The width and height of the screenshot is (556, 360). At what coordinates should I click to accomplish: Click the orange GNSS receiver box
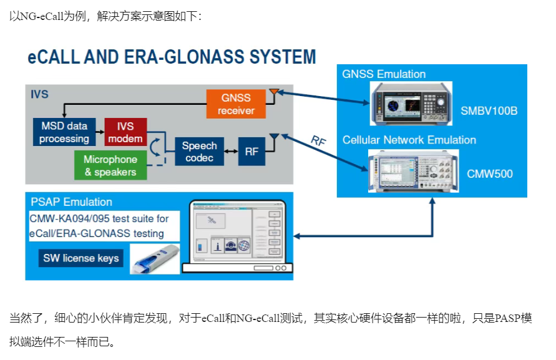(x=236, y=104)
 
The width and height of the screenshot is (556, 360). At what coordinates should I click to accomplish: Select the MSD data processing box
(x=64, y=132)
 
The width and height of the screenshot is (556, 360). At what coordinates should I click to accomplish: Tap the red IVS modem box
(x=125, y=132)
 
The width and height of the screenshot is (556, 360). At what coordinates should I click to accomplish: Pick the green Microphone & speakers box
(x=110, y=165)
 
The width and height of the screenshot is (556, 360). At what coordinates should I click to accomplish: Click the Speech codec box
(x=199, y=152)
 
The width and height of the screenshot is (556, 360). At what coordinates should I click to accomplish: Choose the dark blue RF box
(x=251, y=152)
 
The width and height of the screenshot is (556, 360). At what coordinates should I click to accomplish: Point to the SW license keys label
(x=80, y=258)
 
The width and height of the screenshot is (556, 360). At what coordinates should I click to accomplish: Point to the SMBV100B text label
(x=489, y=111)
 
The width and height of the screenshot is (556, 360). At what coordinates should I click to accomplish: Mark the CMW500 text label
(x=490, y=173)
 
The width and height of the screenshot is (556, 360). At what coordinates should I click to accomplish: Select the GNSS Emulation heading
(x=384, y=74)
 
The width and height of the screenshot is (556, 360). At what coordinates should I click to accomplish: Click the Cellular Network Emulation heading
(x=409, y=140)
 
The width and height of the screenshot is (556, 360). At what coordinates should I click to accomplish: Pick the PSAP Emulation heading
(x=72, y=202)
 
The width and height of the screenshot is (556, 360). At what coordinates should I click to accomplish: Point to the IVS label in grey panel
(x=39, y=95)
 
